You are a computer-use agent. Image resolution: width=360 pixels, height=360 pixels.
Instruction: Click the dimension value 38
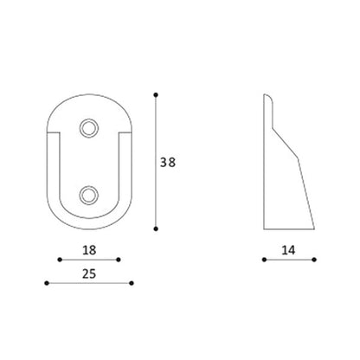tap(168, 163)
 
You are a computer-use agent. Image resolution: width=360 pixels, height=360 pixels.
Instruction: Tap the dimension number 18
tap(89, 250)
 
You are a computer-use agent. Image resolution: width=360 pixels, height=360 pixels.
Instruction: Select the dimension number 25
tap(89, 273)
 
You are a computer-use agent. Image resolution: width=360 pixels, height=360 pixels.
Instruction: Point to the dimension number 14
tap(288, 250)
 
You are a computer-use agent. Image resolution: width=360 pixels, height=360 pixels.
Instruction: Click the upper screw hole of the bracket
tap(89, 128)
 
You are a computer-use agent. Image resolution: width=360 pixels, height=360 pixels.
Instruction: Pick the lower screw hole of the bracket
tap(89, 196)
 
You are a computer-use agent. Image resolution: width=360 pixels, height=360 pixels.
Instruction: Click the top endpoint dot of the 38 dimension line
tap(156, 95)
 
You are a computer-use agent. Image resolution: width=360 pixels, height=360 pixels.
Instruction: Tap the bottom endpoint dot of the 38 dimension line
tap(156, 228)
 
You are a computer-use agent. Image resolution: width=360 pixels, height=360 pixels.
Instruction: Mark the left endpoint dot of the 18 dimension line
tap(60, 260)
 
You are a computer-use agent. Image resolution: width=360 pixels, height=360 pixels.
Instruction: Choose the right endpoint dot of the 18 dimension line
tap(119, 260)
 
